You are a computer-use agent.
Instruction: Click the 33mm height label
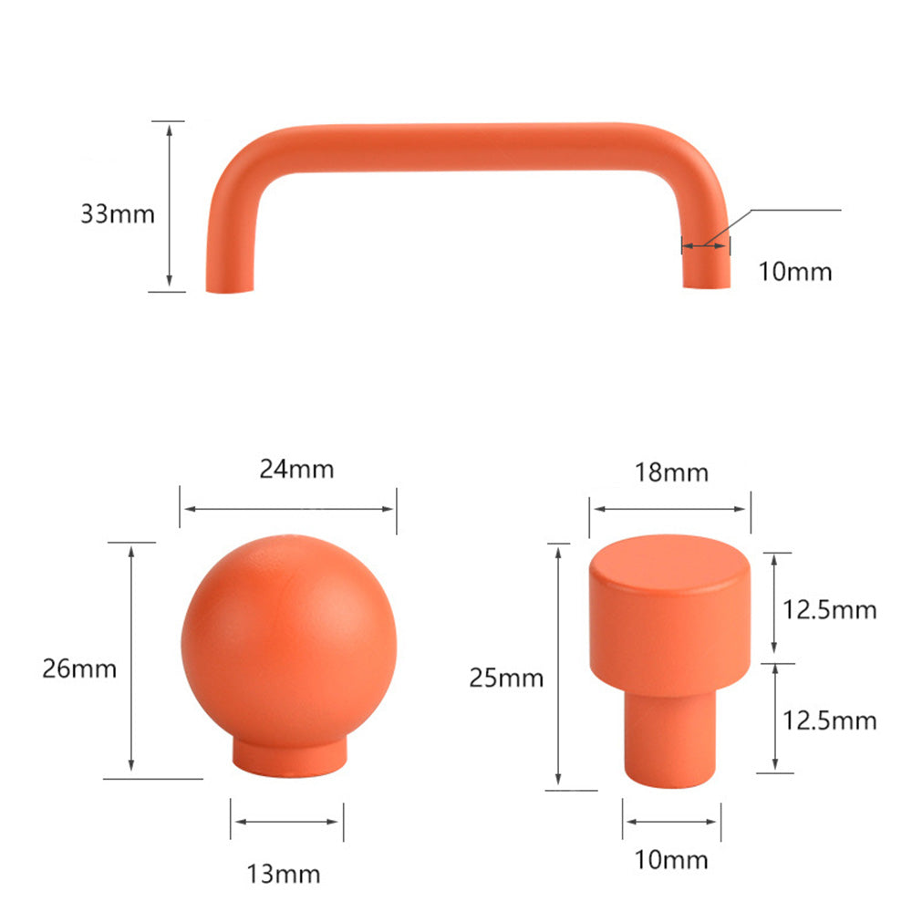(x=118, y=215)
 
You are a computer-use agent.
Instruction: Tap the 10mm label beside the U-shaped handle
(x=795, y=272)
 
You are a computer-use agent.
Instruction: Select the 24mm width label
(x=296, y=470)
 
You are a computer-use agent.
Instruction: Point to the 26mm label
(x=79, y=668)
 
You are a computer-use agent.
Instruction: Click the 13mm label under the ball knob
(x=284, y=875)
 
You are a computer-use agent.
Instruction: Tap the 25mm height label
(x=506, y=678)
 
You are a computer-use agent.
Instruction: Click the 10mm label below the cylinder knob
(x=670, y=859)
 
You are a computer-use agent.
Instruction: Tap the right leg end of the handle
(x=707, y=278)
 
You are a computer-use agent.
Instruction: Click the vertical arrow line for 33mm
(x=169, y=206)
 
